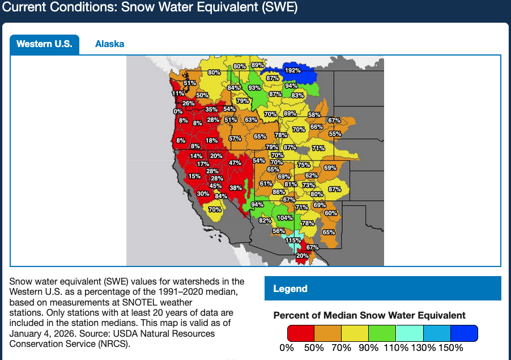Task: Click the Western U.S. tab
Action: pyautogui.click(x=44, y=44)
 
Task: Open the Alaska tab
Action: pyautogui.click(x=109, y=44)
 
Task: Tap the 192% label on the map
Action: pyautogui.click(x=292, y=71)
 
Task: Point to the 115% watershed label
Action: pyautogui.click(x=293, y=240)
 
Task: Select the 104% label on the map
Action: pyautogui.click(x=285, y=218)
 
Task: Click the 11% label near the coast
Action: pyautogui.click(x=178, y=94)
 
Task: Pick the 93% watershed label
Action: pyautogui.click(x=254, y=88)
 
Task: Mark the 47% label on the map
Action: pyautogui.click(x=235, y=163)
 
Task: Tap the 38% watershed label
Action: pyautogui.click(x=236, y=188)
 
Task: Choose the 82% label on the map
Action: pyautogui.click(x=265, y=220)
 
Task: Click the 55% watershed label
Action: pyautogui.click(x=335, y=134)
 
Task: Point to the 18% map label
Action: pyautogui.click(x=211, y=141)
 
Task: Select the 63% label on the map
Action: pyautogui.click(x=251, y=120)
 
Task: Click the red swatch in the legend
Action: pyautogui.click(x=301, y=333)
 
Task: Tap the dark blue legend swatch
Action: pyautogui.click(x=465, y=333)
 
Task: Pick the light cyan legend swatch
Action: pyautogui.click(x=410, y=333)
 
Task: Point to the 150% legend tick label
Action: pyautogui.click(x=451, y=348)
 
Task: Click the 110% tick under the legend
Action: pyautogui.click(x=396, y=348)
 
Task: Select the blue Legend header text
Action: pyautogui.click(x=290, y=289)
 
